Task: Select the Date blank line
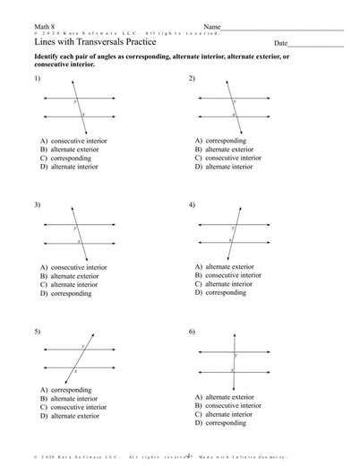click(x=321, y=43)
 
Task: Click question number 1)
click(x=37, y=79)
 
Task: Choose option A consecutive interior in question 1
click(x=73, y=142)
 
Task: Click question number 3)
click(x=37, y=205)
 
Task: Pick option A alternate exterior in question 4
click(x=226, y=267)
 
